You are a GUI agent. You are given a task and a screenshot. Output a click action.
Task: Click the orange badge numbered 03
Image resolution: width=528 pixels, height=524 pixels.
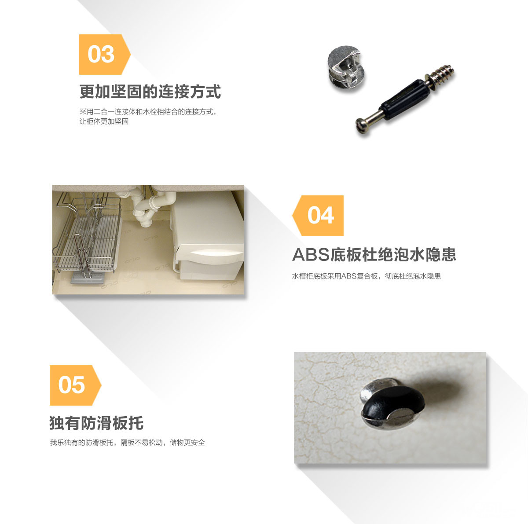[105, 54]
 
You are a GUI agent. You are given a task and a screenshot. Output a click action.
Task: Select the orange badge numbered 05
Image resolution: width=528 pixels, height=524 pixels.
[75, 385]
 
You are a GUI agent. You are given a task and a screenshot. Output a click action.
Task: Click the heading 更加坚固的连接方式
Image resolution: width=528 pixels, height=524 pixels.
[150, 92]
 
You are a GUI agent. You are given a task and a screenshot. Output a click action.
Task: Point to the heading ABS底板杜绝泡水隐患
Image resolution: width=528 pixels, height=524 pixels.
[374, 255]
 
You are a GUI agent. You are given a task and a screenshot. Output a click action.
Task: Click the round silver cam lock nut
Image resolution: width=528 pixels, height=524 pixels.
[346, 67]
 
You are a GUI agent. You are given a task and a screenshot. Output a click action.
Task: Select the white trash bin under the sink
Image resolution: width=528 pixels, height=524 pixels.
[207, 236]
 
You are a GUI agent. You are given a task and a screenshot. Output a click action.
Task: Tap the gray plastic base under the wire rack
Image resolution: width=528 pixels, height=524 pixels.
[88, 278]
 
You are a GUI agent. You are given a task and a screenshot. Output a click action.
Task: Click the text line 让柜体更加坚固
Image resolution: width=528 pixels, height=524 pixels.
[104, 121]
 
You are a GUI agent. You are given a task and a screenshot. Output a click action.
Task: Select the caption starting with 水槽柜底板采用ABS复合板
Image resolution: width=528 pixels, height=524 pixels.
[367, 276]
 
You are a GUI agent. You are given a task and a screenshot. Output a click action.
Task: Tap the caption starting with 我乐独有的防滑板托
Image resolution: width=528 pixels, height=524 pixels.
[128, 443]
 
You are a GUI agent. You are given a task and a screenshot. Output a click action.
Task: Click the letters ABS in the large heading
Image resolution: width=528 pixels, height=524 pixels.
[311, 255]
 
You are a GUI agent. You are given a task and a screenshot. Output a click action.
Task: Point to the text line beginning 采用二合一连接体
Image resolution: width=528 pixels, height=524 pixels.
[148, 112]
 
